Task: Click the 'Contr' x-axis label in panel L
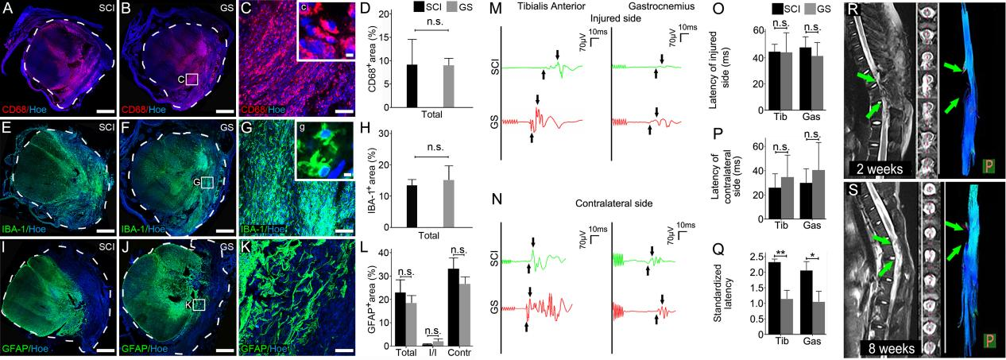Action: pos(456,352)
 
